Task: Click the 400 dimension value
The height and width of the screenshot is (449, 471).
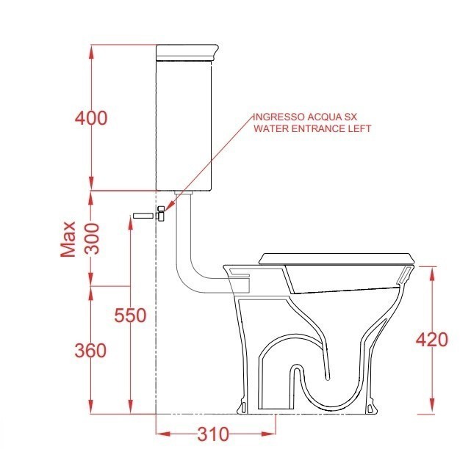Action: click(91, 118)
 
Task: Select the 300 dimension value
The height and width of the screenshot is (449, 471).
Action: click(91, 238)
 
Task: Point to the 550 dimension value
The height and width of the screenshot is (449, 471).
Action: click(130, 315)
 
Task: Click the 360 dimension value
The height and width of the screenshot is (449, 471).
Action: click(91, 351)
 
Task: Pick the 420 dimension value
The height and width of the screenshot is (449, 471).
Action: click(432, 339)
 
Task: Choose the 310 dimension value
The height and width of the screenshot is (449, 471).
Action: click(213, 433)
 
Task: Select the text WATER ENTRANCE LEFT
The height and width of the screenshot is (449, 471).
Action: click(312, 128)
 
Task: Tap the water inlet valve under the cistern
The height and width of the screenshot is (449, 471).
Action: click(162, 213)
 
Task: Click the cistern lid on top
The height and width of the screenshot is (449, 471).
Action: click(188, 51)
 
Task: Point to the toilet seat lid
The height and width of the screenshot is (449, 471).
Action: click(338, 258)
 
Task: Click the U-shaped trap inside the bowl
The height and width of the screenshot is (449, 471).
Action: click(297, 389)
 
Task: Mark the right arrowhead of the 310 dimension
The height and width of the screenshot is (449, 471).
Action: click(273, 433)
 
